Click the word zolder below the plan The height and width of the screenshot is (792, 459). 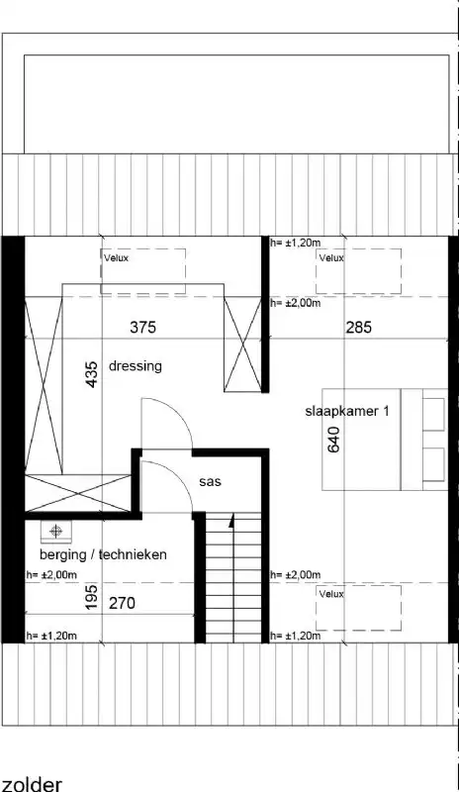click(x=31, y=784)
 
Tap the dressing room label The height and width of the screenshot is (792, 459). click(x=136, y=365)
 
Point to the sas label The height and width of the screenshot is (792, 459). click(x=209, y=482)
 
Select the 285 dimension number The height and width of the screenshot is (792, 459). click(x=358, y=327)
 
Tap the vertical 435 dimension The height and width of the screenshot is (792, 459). click(x=92, y=373)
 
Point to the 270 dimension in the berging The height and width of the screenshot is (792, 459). click(x=122, y=602)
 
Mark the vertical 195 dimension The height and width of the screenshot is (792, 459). click(x=92, y=598)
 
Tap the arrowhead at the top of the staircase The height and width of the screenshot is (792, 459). click(x=231, y=518)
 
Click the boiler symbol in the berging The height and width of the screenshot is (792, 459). click(x=55, y=530)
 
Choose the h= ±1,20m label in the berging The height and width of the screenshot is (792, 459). click(x=52, y=636)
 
